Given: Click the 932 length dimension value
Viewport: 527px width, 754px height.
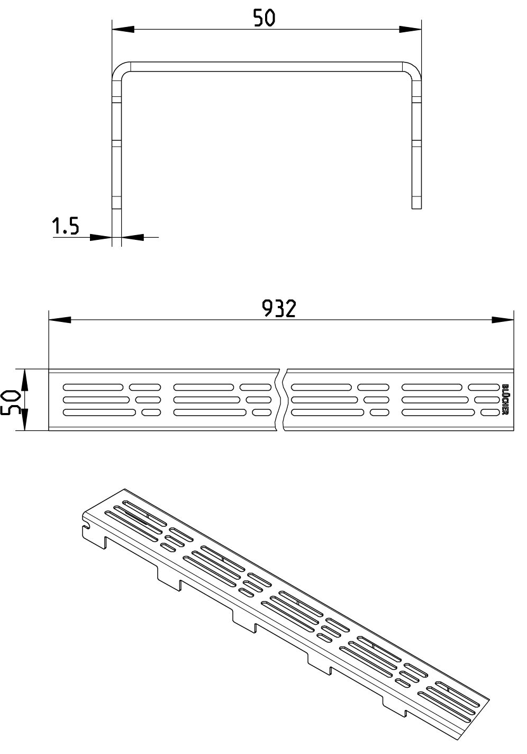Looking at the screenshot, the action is (x=279, y=308).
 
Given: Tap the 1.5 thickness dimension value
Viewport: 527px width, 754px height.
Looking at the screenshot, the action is (x=66, y=226).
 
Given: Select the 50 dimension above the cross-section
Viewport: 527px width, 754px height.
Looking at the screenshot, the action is (x=264, y=18).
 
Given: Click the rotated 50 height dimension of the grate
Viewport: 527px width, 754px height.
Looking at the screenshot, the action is (x=10, y=399).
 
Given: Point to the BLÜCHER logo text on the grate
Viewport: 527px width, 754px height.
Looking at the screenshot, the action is (x=505, y=400).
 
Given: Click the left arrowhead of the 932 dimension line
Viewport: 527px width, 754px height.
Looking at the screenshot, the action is (x=60, y=319).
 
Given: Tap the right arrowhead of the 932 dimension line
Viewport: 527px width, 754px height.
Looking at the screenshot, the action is (x=503, y=319).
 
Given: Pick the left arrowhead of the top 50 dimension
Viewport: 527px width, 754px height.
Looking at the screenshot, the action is (x=123, y=29).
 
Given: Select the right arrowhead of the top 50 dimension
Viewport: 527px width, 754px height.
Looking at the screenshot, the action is (x=410, y=29).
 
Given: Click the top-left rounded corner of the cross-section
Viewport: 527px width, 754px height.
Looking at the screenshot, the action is (x=117, y=68).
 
